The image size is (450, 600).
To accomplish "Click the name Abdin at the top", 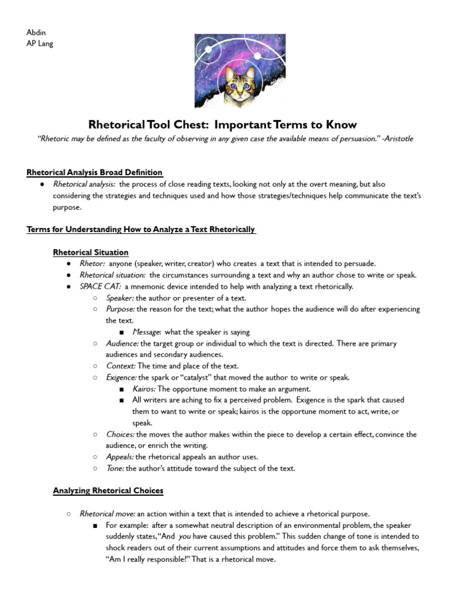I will [36, 32].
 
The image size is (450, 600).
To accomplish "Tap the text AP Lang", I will [40, 43].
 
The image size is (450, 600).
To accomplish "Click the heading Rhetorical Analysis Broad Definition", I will [94, 172].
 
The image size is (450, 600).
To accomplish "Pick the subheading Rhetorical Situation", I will [91, 253].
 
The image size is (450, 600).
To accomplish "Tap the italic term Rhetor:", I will [92, 264].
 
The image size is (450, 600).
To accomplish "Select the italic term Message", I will [146, 332].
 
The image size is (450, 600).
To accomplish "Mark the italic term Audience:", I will [122, 343].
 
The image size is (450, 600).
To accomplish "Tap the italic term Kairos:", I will [144, 389].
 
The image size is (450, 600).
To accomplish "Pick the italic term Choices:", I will [120, 434].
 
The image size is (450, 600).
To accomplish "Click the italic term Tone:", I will [115, 468].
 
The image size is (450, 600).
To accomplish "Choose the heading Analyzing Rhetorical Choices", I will [108, 490].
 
